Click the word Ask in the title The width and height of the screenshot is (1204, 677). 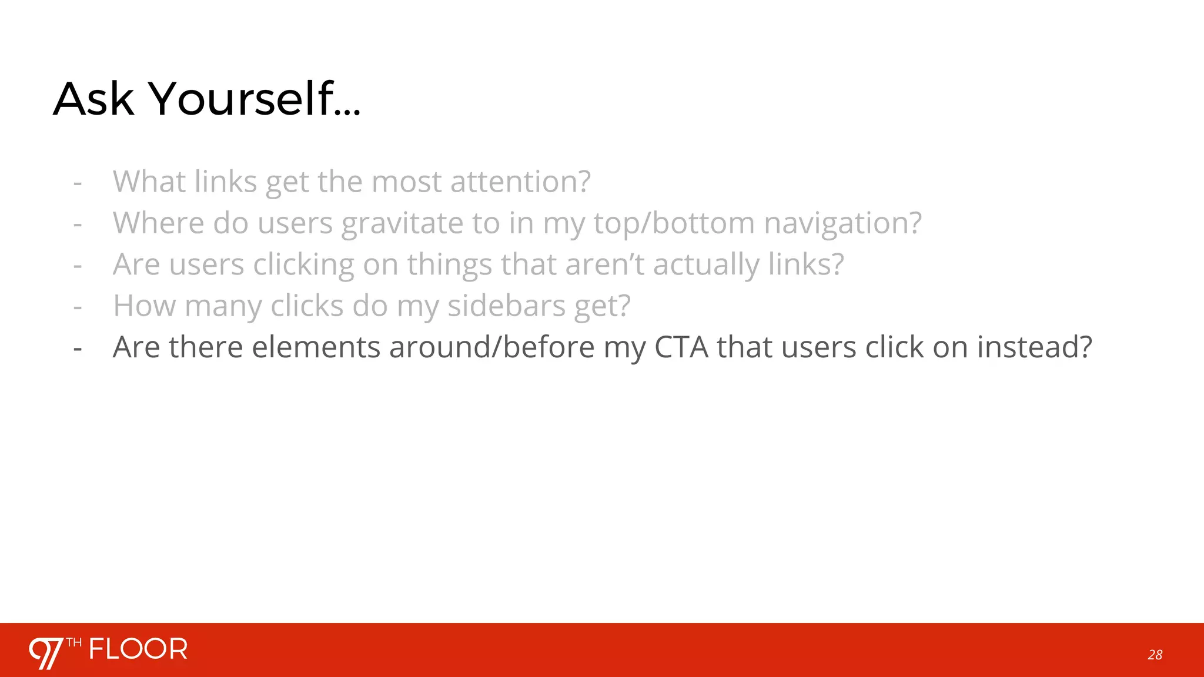tap(94, 99)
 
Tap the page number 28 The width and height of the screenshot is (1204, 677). tap(1155, 655)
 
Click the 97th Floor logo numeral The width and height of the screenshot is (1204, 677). tap(46, 653)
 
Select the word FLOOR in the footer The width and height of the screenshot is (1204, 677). tap(138, 649)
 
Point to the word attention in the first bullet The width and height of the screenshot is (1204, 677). tap(520, 181)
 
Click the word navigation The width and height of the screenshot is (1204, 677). tap(842, 223)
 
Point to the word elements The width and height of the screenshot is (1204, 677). tap(316, 347)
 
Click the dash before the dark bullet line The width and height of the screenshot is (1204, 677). tap(78, 348)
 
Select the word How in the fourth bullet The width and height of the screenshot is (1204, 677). tap(144, 306)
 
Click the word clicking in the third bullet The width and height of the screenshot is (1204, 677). tap(303, 264)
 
